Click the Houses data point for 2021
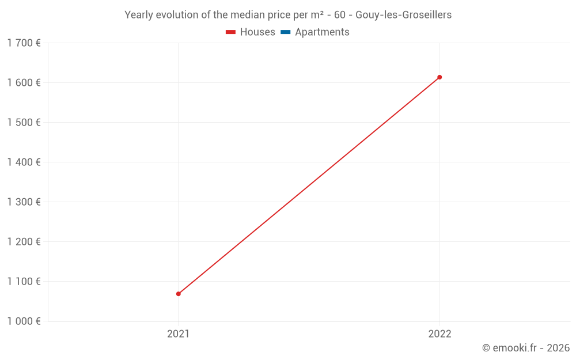(x=179, y=294)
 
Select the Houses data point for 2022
(x=439, y=77)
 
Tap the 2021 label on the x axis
(x=179, y=334)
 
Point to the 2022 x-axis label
(x=439, y=334)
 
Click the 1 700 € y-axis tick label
(x=24, y=43)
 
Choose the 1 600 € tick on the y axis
(x=24, y=82)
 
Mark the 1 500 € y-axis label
(x=24, y=122)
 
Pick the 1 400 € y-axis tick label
(x=24, y=162)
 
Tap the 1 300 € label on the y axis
(x=24, y=202)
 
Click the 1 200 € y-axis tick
(x=24, y=241)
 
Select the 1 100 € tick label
(x=24, y=281)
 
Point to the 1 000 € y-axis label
(x=24, y=321)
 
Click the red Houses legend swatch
(x=230, y=32)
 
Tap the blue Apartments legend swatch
(x=285, y=32)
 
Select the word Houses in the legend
(x=257, y=32)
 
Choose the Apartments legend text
(x=322, y=32)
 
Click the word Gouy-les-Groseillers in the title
(x=403, y=15)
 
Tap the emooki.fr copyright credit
(x=526, y=348)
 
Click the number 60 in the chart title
(x=339, y=15)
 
